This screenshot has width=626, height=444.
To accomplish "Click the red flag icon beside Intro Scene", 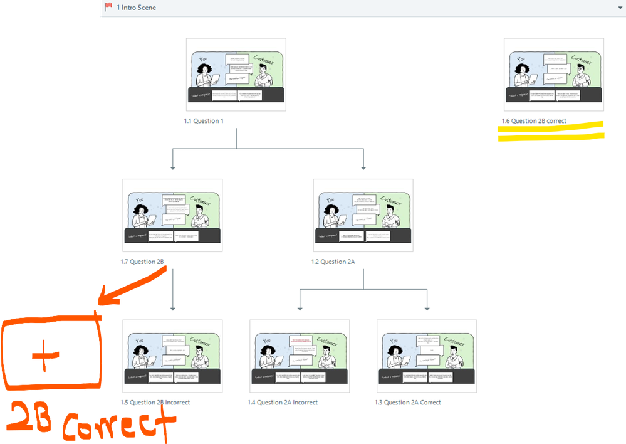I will point(108,7).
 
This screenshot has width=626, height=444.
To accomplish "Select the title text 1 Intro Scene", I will point(136,8).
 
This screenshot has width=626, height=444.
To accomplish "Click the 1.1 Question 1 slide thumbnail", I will point(236,75).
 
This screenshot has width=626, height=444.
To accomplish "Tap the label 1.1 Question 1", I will point(203,121).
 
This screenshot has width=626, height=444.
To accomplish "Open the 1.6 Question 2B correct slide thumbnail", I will point(553,75).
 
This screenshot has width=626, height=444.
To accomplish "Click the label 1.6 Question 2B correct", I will point(534,121).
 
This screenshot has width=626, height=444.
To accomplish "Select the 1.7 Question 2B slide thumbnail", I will point(172,216).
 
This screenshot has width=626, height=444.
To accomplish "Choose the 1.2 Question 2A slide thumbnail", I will point(363,216).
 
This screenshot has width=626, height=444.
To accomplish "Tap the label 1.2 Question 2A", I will point(333,262).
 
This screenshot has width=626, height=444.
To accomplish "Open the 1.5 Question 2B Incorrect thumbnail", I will point(172,356).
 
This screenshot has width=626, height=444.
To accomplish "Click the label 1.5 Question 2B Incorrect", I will point(155,403).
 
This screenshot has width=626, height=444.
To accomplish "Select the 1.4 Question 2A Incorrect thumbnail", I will point(300,356).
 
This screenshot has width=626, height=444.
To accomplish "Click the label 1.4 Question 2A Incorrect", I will point(282,403).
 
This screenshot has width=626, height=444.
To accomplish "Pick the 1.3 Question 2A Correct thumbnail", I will point(426,356).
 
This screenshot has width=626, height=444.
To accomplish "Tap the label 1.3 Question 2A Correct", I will point(407,403).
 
